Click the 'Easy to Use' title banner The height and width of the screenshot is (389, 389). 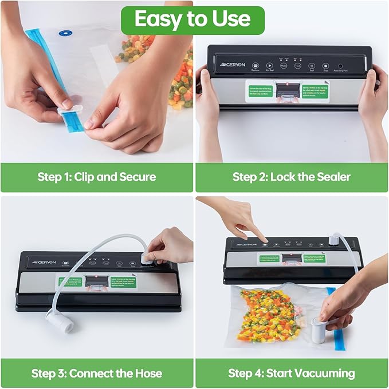[192, 19]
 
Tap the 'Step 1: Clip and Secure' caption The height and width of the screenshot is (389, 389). [96, 177]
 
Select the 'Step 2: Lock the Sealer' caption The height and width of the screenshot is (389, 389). [291, 177]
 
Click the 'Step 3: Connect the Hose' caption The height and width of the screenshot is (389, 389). [96, 374]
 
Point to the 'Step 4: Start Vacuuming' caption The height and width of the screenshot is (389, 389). [291, 374]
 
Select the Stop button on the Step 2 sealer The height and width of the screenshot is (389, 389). [325, 66]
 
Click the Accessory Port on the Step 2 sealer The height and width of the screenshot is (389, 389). [340, 66]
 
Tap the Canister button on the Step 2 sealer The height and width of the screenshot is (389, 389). [254, 66]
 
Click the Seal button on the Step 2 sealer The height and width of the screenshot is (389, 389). [312, 66]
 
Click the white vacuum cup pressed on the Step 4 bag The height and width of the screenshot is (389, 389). [319, 332]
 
